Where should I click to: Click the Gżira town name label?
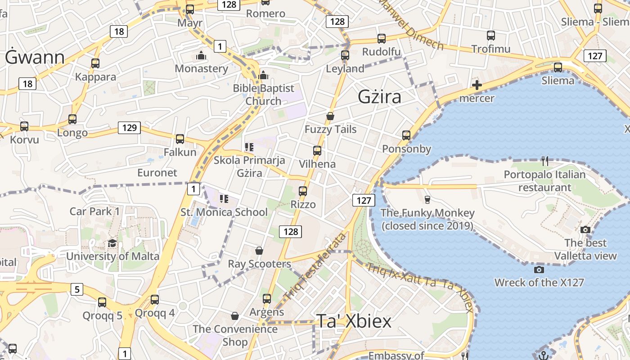pyautogui.click(x=379, y=97)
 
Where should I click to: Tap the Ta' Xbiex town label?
pyautogui.click(x=354, y=320)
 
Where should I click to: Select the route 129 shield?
pyautogui.click(x=129, y=128)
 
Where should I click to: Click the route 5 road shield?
pyautogui.click(x=77, y=289)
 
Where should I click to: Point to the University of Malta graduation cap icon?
pyautogui.click(x=112, y=243)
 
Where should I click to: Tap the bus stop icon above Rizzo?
pyautogui.click(x=303, y=191)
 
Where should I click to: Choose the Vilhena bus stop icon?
pyautogui.click(x=317, y=151)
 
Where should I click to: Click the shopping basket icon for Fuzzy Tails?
pyautogui.click(x=330, y=116)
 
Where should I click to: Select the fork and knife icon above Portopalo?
pyautogui.click(x=545, y=161)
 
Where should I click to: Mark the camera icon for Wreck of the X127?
pyautogui.click(x=539, y=270)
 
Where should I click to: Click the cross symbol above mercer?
pyautogui.click(x=477, y=85)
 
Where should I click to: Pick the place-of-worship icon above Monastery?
pyautogui.click(x=201, y=55)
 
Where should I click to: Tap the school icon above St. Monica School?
pyautogui.click(x=224, y=198)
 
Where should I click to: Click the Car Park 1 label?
pyautogui.click(x=95, y=211)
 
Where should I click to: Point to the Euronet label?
pyautogui.click(x=157, y=172)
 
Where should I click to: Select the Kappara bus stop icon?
pyautogui.click(x=95, y=63)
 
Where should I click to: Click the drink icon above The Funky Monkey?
pyautogui.click(x=427, y=199)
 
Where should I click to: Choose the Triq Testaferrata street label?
pyautogui.click(x=316, y=266)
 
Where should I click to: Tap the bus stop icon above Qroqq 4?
pyautogui.click(x=155, y=299)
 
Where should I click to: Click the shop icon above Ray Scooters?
pyautogui.click(x=259, y=250)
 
